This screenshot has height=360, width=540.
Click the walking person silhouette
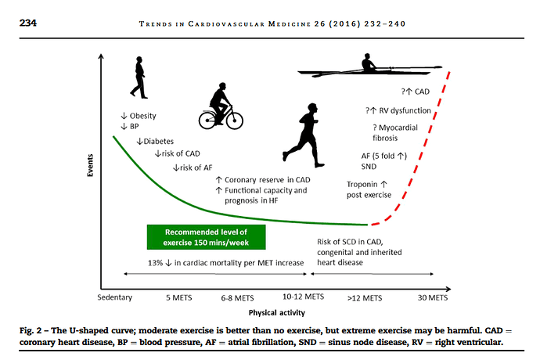139,79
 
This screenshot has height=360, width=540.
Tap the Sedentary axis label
115,297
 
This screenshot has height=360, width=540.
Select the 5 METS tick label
180,297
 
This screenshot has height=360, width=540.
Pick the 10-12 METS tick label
303,297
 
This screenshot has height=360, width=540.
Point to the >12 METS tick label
365,297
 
